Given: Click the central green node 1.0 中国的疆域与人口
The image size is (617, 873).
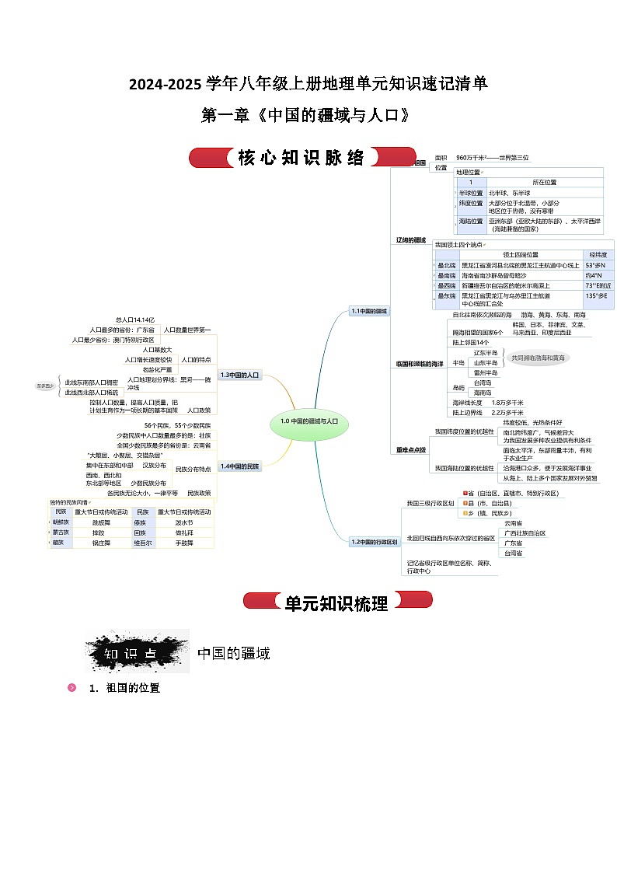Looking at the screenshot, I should (x=309, y=421).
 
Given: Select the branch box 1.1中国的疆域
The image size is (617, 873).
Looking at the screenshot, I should (x=369, y=311).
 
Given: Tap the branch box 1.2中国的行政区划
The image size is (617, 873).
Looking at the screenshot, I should (x=374, y=541).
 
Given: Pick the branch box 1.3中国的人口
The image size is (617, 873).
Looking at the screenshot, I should (x=239, y=375).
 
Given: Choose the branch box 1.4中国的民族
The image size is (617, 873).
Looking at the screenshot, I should (x=240, y=466).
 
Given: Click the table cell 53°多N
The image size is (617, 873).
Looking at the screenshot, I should (x=595, y=265).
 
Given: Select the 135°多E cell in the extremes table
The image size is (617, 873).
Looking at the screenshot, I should (x=596, y=296).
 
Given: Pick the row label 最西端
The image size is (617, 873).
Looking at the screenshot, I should (x=446, y=285).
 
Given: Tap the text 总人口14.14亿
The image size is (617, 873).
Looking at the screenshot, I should (x=135, y=320).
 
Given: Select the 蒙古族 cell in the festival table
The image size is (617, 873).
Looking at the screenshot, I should (x=61, y=533).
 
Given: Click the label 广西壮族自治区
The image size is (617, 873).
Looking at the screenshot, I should (x=525, y=533).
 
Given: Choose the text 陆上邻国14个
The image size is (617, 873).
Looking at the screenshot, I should (x=471, y=342).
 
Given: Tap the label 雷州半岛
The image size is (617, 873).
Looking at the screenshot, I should (x=486, y=372).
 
